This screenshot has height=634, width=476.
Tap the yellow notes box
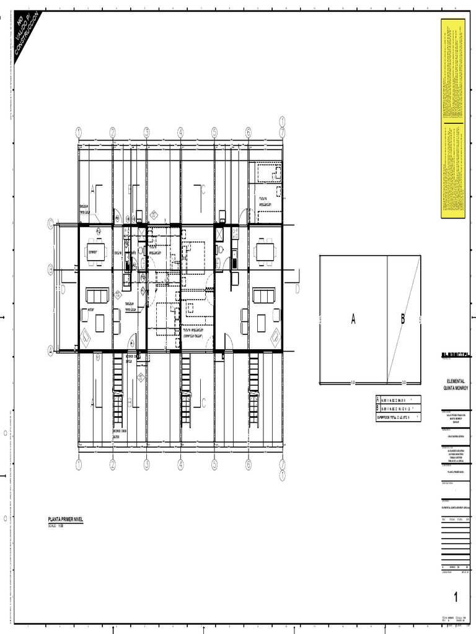[x=452, y=118]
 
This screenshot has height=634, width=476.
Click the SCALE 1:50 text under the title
[x=56, y=526]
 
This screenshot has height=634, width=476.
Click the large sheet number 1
[x=456, y=597]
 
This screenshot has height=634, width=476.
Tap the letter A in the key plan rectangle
[x=353, y=319]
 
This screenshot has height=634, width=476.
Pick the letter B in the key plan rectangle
[x=402, y=319]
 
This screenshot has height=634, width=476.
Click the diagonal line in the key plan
[x=404, y=319]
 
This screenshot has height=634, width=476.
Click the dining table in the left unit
[x=95, y=251]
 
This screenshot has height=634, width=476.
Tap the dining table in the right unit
[x=265, y=251]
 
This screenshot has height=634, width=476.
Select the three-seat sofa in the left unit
[x=97, y=295]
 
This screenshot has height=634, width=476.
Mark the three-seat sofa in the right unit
[x=263, y=295]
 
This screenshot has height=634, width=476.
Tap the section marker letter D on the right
[x=297, y=289]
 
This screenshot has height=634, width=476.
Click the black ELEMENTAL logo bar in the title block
[x=456, y=355]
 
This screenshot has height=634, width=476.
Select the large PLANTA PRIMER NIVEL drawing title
[x=65, y=521]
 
